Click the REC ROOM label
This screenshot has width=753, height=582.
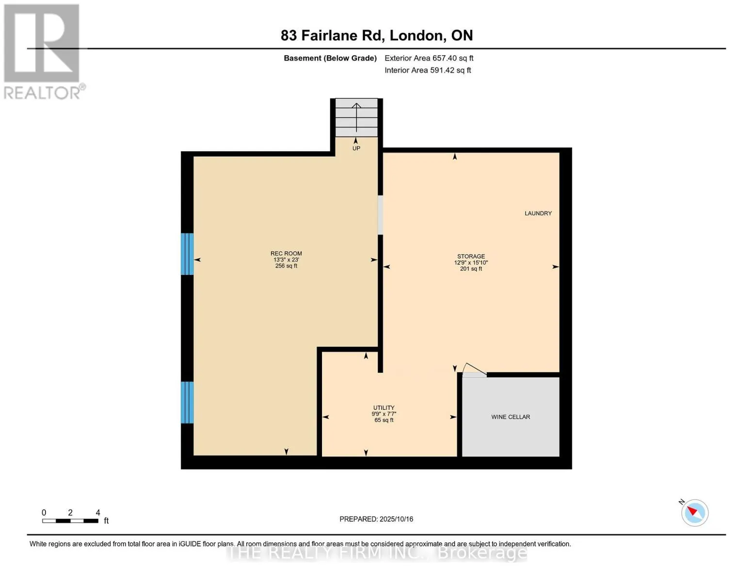pos(286,253)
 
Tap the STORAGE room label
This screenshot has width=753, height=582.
pos(471,257)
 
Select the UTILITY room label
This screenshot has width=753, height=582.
pos(384,408)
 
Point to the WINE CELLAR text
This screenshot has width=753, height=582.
pos(511,417)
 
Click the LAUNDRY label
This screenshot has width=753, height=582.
pos(538,213)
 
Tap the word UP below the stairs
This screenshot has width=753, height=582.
pos(356,148)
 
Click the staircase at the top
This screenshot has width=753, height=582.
pos(356,117)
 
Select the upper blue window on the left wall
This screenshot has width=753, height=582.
pos(187,254)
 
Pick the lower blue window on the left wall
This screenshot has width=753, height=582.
pos(187,403)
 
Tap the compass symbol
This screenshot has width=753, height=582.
pos(694,512)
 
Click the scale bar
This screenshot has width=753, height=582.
pos(70,521)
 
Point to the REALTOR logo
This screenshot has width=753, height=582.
pos(43,51)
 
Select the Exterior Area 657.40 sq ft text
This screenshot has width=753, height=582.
pos(429,58)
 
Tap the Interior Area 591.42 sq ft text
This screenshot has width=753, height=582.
pos(428,70)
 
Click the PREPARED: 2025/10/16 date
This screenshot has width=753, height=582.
pos(376,519)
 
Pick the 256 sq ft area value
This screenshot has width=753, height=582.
pos(286,266)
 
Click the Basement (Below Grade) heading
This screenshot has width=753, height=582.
pos(330,58)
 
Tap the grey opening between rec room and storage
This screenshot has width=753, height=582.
pos(380,215)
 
